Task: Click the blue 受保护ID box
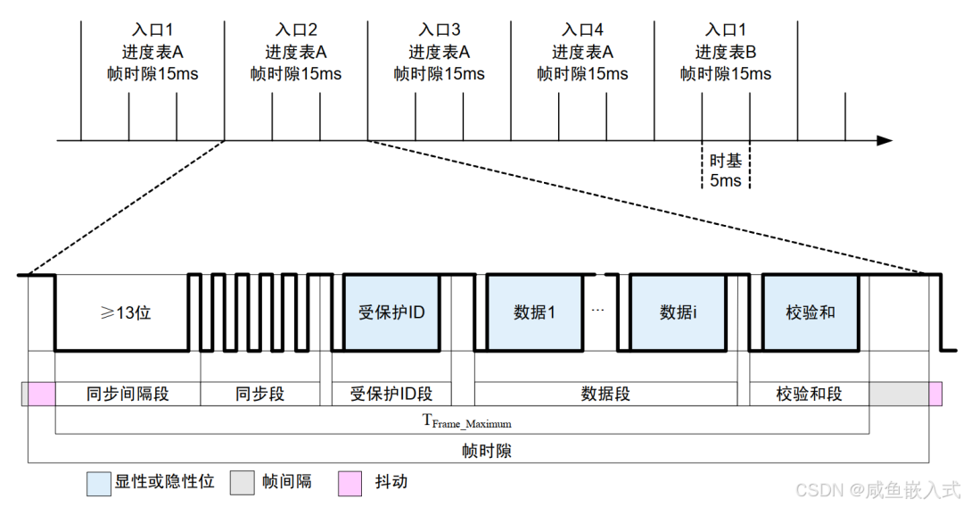coord(391,312)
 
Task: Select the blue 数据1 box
coord(534,312)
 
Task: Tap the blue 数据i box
coord(679,312)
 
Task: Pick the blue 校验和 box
coord(810,312)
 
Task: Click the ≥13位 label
coord(125,313)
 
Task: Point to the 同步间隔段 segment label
coord(128,394)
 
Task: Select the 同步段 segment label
coord(260,394)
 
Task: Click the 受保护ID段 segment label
coord(391,394)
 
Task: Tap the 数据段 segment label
coord(605,394)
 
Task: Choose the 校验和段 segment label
coord(809,394)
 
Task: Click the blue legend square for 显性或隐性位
coord(98,483)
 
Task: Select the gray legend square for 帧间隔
coord(242,483)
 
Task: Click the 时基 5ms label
coord(725,170)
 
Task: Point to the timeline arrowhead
coord(885,140)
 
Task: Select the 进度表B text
coord(726,52)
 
